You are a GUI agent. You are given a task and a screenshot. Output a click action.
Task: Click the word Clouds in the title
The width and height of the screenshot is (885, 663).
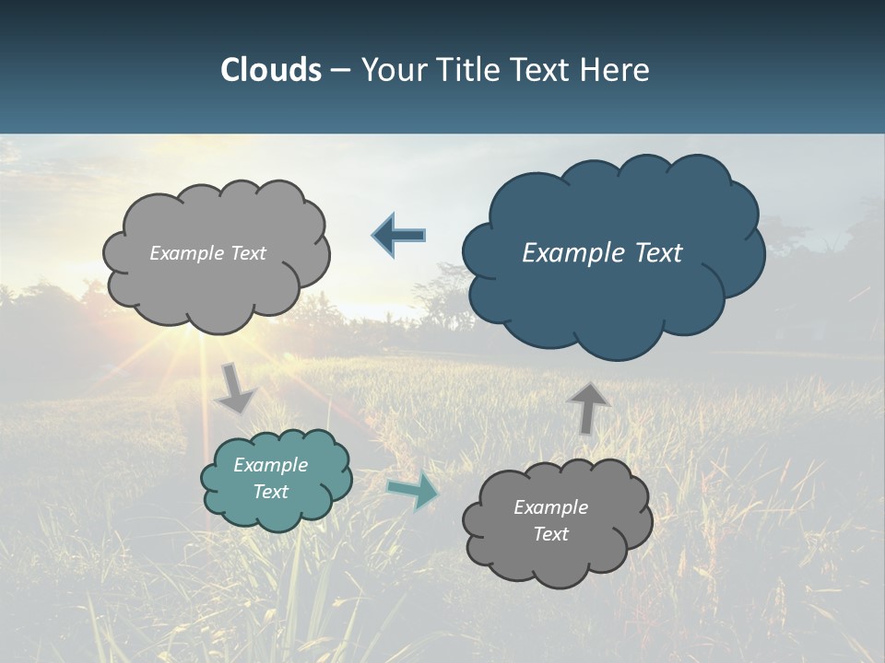270,70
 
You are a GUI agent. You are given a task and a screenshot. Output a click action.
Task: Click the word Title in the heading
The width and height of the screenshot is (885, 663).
473,70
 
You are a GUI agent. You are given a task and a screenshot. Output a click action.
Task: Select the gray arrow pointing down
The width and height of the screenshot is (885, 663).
237,388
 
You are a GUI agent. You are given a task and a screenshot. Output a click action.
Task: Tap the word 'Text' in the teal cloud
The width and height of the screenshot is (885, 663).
270,492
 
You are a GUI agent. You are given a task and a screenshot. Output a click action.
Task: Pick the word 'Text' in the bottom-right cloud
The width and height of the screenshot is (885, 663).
550,534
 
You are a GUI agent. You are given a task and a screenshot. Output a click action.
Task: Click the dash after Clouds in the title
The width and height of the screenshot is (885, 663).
340,70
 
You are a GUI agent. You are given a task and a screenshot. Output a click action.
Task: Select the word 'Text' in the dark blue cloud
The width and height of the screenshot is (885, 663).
659,253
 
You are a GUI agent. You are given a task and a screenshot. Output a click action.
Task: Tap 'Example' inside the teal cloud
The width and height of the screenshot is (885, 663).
270,465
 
